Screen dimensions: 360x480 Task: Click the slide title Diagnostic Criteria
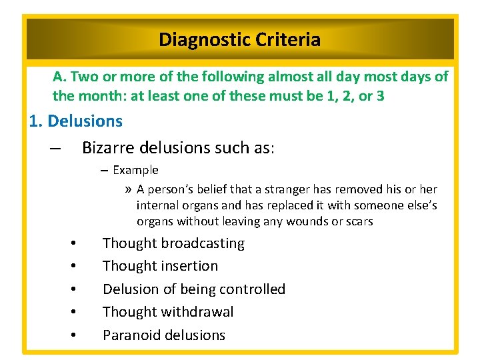coord(239,40)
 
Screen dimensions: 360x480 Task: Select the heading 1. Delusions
coord(76,121)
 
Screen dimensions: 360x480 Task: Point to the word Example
coord(135,170)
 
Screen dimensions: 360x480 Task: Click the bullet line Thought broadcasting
coord(173,243)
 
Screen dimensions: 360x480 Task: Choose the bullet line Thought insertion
coord(160,266)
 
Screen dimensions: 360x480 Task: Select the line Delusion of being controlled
coord(193,289)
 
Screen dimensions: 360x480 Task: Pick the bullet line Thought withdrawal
coord(168,312)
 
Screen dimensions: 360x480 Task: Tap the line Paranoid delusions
coord(164,335)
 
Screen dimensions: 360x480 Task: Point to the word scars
coord(359,221)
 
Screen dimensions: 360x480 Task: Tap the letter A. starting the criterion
coord(59,77)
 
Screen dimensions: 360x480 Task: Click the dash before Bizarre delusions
coord(55,148)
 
